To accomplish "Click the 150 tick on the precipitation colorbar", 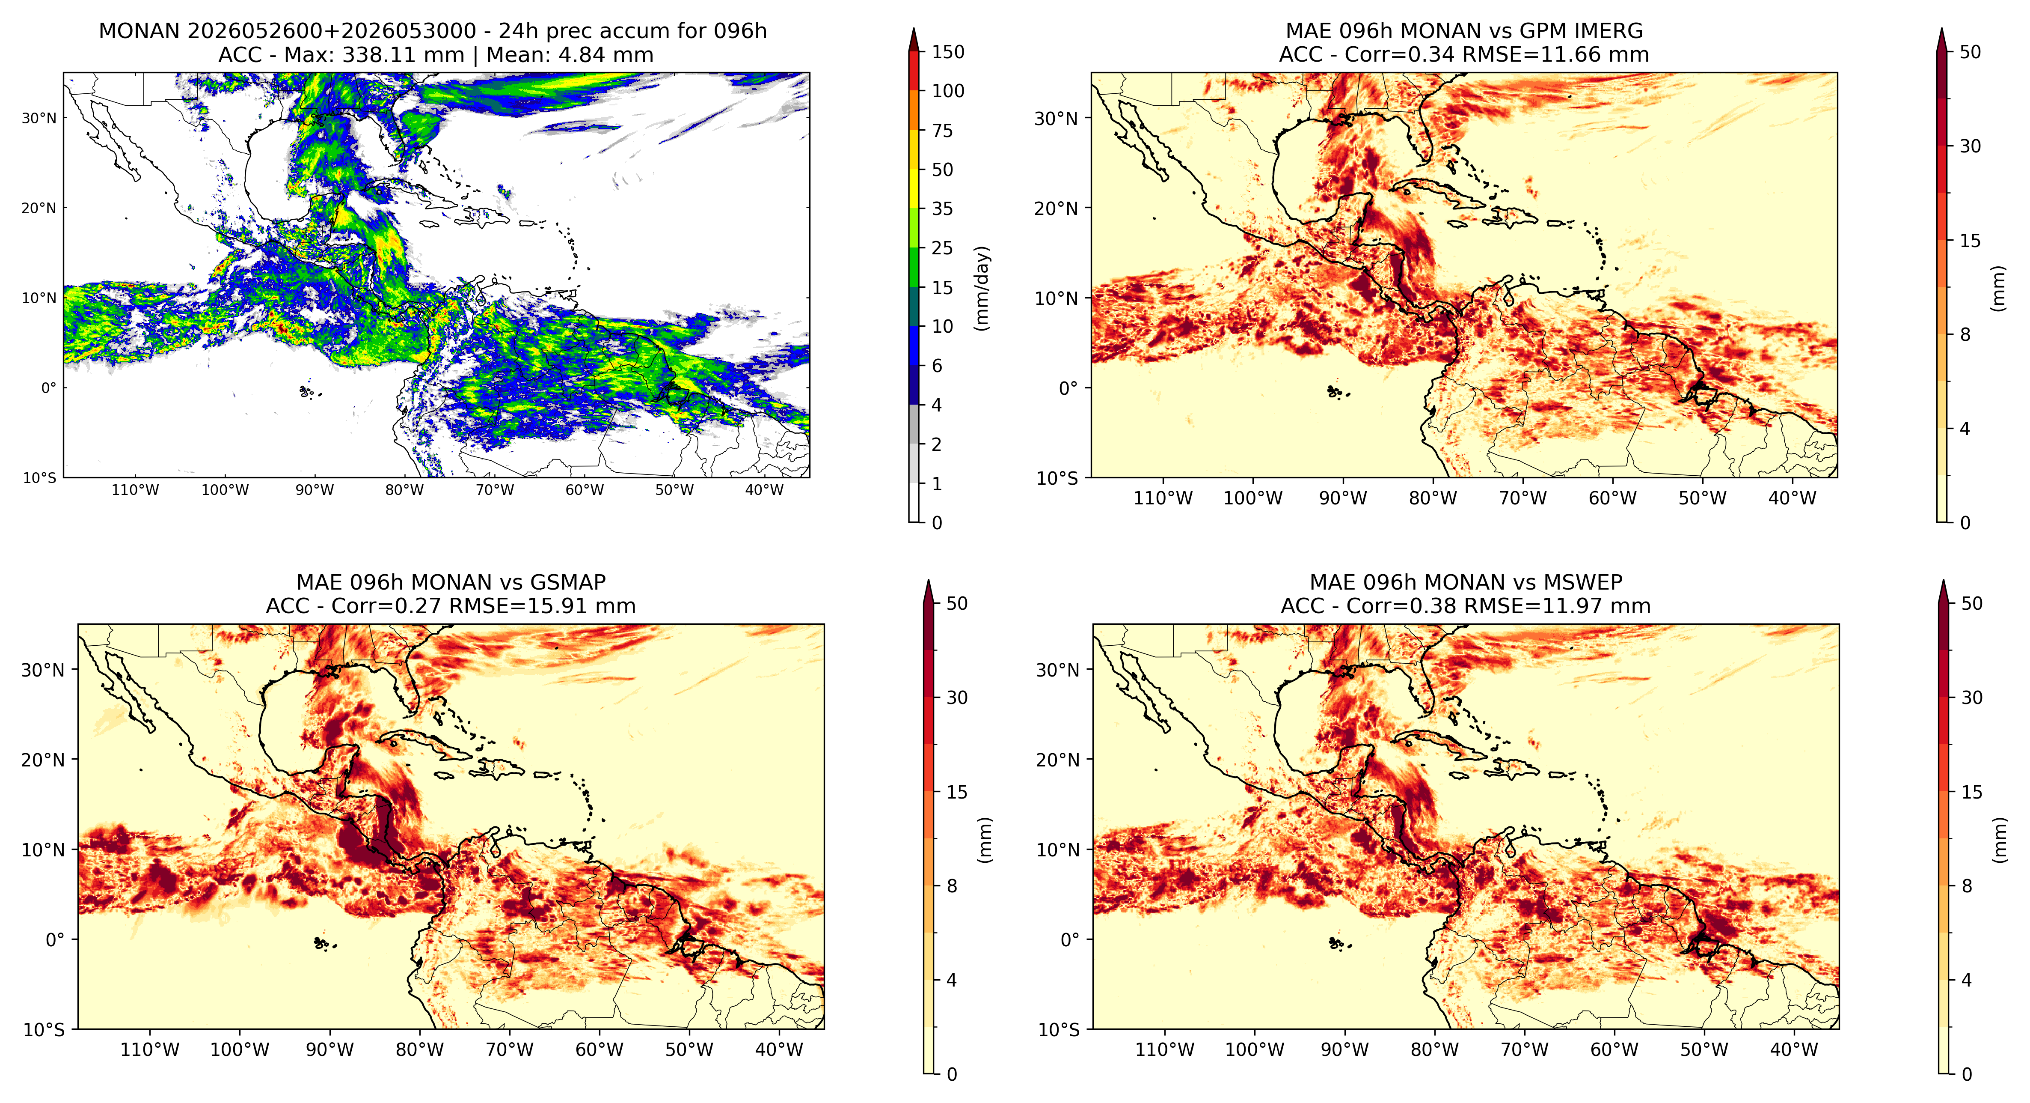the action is [948, 52].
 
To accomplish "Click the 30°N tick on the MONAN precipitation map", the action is [39, 118].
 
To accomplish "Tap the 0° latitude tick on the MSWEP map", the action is [1069, 940].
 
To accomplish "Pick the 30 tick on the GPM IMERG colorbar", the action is [1970, 146].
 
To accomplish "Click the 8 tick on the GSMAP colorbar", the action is [952, 886].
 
